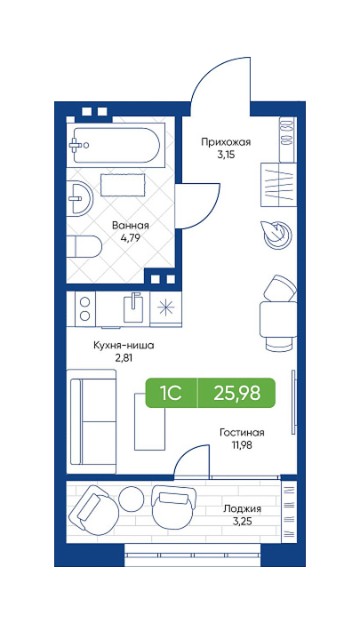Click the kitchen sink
tap(133, 308)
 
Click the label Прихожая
tap(226, 142)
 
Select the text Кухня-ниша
tap(124, 346)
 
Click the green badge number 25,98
tap(236, 393)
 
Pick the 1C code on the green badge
tap(172, 393)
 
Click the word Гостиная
tap(242, 432)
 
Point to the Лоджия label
tap(242, 509)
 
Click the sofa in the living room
tap(92, 421)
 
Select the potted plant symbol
tap(276, 236)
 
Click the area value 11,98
tap(243, 444)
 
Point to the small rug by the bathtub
tap(123, 184)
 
